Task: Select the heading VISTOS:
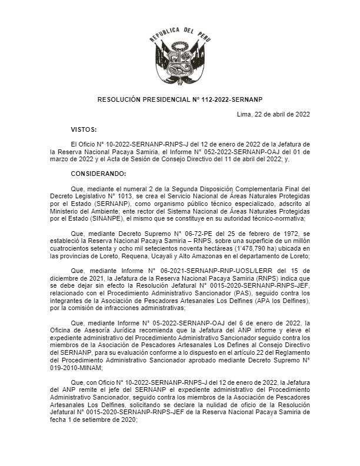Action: click(84, 129)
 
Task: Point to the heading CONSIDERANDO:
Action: click(98, 174)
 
